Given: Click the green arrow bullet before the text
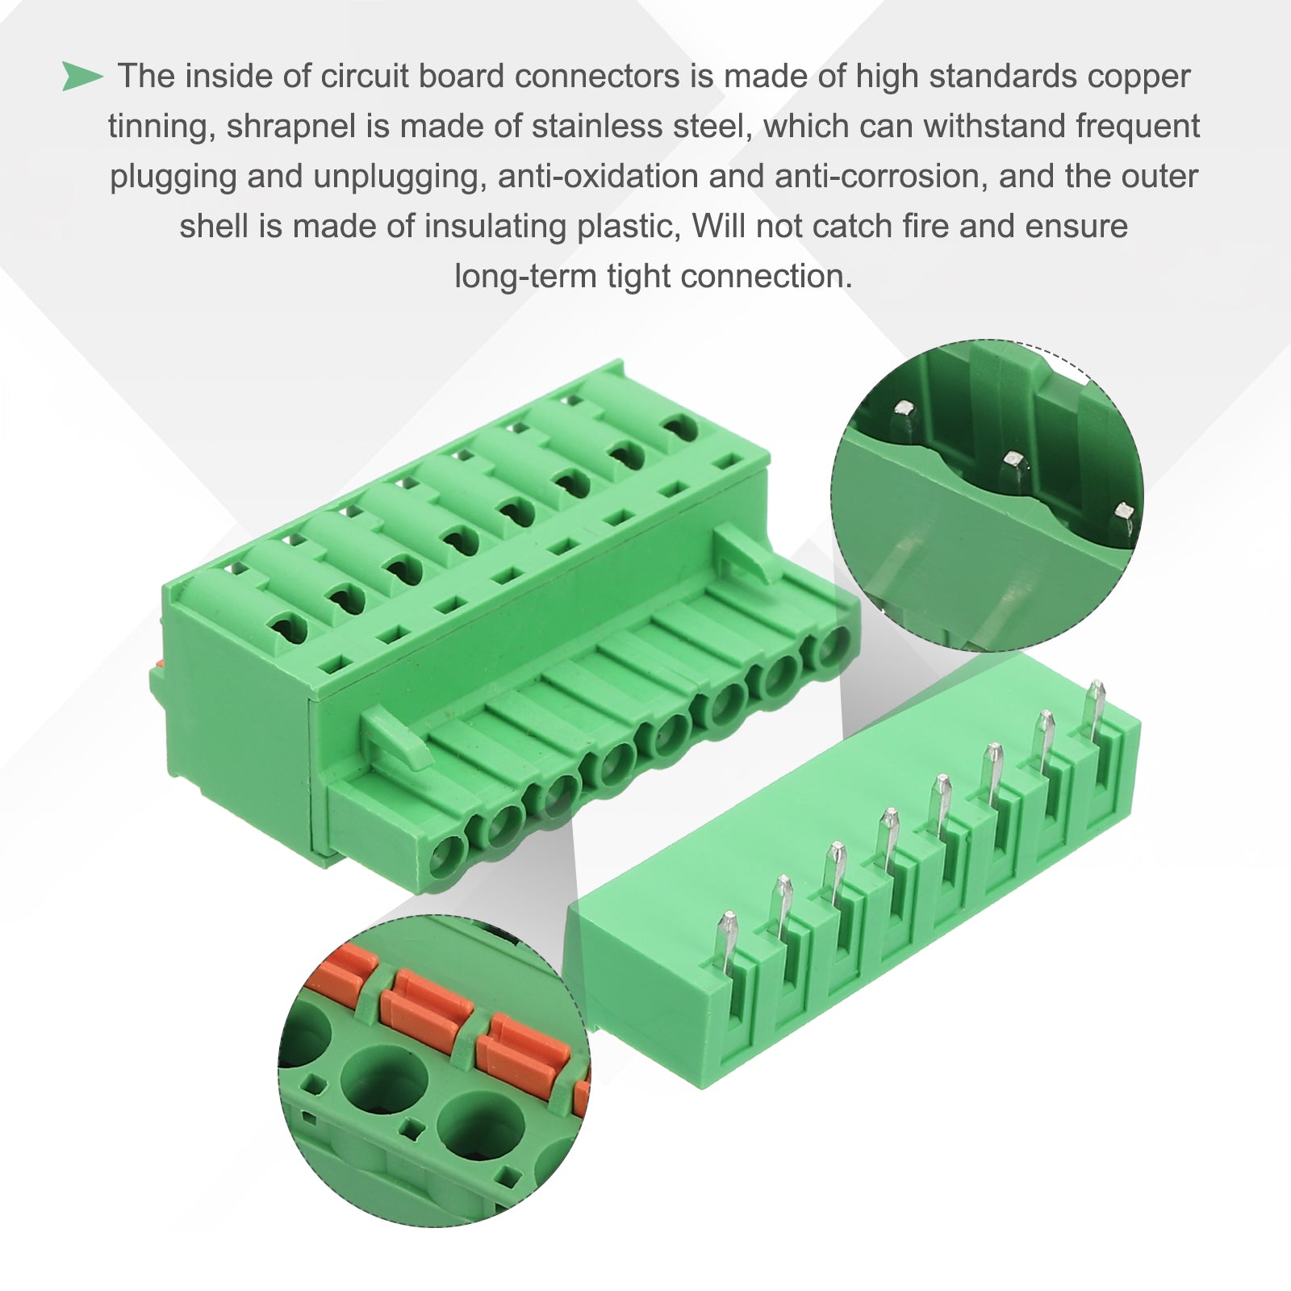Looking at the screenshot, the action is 82,77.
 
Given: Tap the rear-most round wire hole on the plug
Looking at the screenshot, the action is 829,645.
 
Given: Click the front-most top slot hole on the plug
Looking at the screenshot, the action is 287,625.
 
